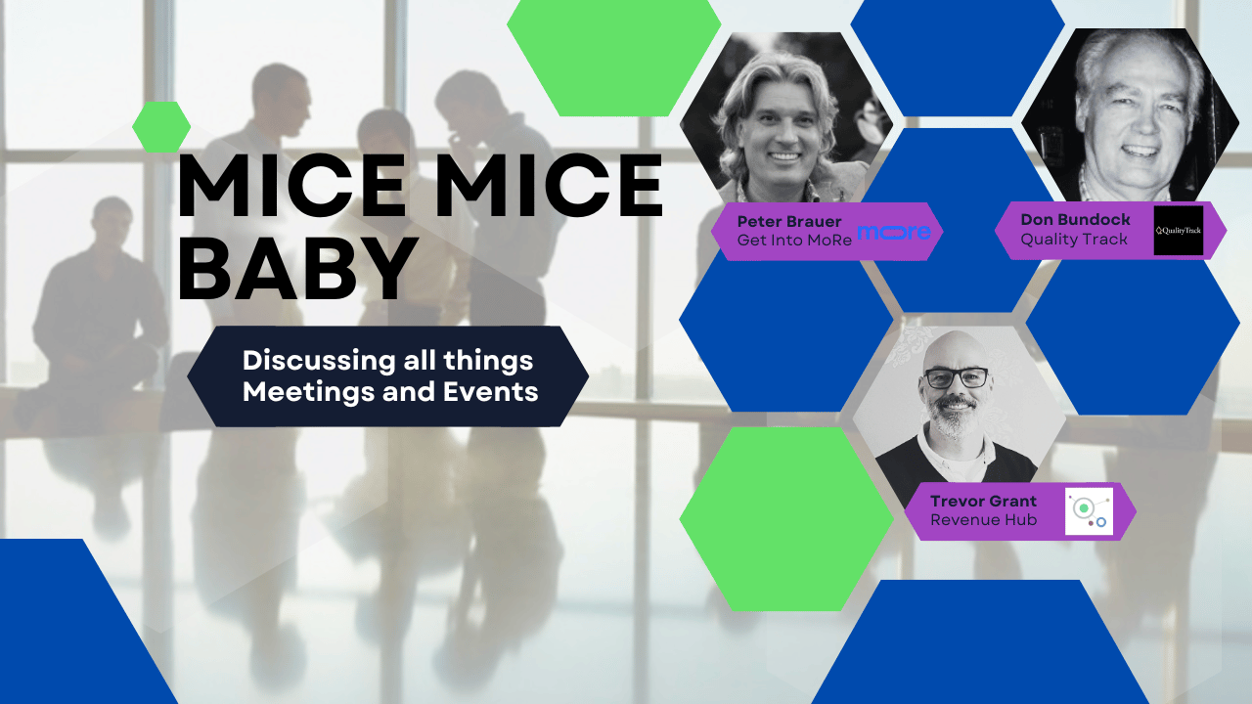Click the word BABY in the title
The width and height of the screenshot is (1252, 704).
click(x=298, y=268)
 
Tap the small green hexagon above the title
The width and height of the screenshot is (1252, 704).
click(x=161, y=127)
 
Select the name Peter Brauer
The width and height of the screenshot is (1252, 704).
click(x=789, y=221)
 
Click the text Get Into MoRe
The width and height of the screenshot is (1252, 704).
click(x=794, y=241)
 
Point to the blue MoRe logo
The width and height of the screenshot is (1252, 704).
click(x=894, y=232)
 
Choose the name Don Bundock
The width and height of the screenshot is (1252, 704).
click(x=1075, y=220)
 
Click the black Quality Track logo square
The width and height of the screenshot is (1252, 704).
click(x=1179, y=230)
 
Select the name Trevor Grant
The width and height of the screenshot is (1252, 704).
click(x=983, y=502)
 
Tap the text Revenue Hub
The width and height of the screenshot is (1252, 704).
click(x=984, y=520)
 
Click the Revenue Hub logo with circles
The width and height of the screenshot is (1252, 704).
click(x=1089, y=511)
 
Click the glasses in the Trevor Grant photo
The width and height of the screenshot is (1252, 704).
click(x=956, y=378)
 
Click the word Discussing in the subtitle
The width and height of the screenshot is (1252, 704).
click(x=320, y=361)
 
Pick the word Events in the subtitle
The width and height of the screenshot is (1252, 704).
click(x=491, y=392)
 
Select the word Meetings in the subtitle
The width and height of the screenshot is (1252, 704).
click(x=309, y=393)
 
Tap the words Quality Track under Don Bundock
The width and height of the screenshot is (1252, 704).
click(x=1074, y=240)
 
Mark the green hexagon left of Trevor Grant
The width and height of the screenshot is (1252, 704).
click(x=786, y=519)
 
